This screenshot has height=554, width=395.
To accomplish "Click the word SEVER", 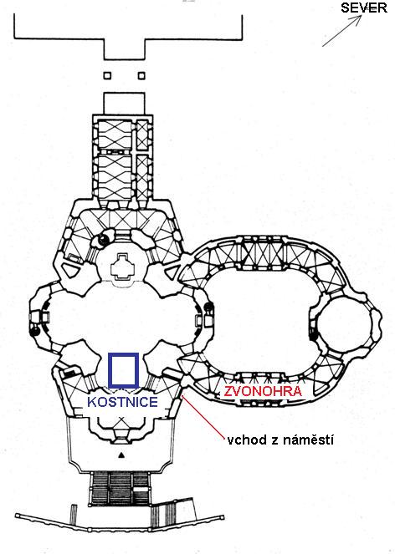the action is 364,8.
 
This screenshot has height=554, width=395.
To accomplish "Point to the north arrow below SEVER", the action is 341,31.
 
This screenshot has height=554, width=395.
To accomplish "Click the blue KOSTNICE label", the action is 122,402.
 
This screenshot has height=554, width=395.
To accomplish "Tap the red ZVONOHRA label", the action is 264,391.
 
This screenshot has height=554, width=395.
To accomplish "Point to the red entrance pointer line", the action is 203,417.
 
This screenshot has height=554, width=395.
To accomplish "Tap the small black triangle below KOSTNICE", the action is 121,455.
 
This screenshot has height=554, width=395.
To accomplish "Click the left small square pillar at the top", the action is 107,75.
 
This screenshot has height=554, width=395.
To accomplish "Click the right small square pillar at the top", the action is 141,75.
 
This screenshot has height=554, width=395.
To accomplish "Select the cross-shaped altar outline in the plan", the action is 122,266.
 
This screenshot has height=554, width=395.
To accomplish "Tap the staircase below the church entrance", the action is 121,489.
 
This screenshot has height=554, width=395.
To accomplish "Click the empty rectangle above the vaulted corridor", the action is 124,103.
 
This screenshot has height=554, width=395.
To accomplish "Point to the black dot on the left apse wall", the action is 34,331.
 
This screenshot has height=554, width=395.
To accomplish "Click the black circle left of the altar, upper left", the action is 103,240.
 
